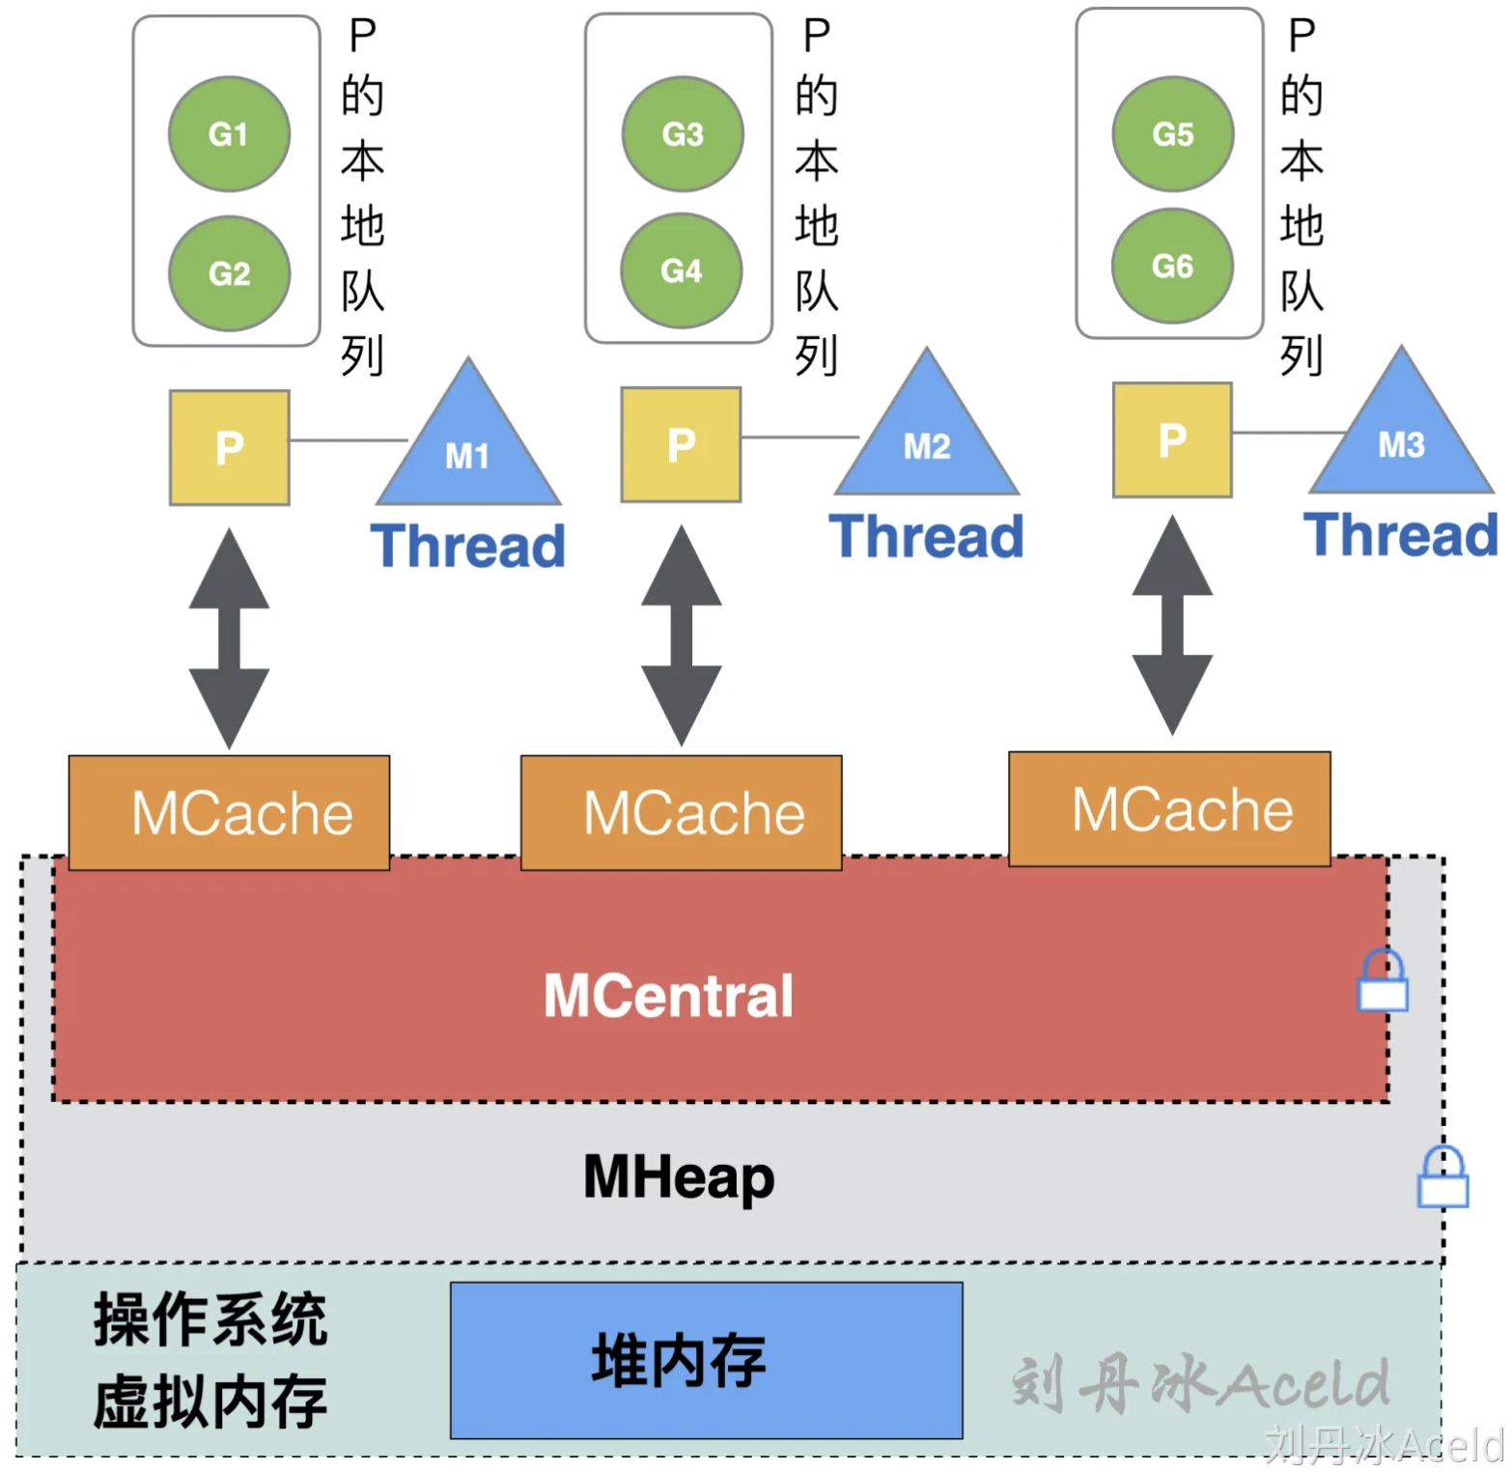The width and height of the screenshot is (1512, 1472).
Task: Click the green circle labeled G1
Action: tap(229, 133)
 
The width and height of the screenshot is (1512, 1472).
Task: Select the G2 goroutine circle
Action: tap(229, 273)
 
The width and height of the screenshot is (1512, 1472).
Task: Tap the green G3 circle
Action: tap(683, 133)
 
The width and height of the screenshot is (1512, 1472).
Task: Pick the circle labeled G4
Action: tap(681, 270)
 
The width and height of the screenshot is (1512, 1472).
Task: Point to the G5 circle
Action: tap(1173, 133)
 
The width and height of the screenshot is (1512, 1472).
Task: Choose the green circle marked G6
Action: tap(1172, 266)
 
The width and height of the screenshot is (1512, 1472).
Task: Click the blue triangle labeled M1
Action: tap(468, 449)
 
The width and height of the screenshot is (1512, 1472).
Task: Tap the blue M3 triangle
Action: tap(1401, 439)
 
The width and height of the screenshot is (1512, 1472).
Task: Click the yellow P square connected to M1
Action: tap(230, 447)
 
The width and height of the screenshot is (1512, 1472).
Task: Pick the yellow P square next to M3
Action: tap(1172, 439)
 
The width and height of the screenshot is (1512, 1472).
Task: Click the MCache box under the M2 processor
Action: tap(682, 812)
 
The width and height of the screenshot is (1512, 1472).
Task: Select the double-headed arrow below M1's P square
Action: tap(229, 638)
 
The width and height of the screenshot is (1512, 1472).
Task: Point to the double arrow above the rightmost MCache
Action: tap(1172, 626)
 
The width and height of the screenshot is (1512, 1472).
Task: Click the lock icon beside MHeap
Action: tap(1442, 1178)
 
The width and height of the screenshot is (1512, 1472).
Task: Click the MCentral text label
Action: tap(668, 996)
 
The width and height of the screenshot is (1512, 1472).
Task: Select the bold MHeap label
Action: tap(679, 1176)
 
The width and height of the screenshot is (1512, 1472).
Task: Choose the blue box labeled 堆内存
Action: tap(706, 1360)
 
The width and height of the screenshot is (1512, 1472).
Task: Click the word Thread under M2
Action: tap(926, 537)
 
